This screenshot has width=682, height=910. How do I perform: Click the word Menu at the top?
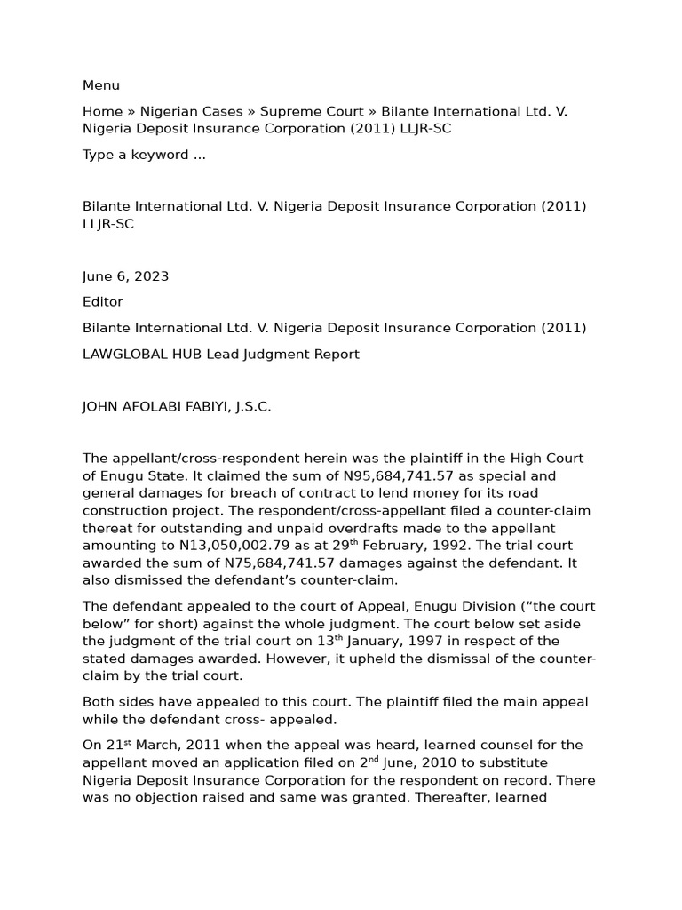pos(101,85)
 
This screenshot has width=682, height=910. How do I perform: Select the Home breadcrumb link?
pos(102,111)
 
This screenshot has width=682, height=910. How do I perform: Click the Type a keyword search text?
pos(144,155)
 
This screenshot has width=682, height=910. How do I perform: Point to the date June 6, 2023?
pos(125,276)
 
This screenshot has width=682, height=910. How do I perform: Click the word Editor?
pos(103,302)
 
